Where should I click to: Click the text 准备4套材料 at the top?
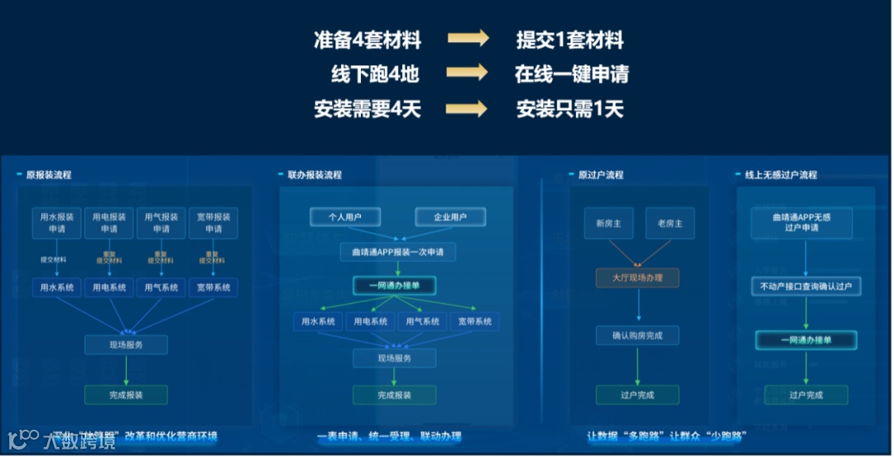point(368,40)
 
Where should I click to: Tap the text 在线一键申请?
point(571,75)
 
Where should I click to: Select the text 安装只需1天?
point(570,108)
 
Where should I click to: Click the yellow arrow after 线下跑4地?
point(468,73)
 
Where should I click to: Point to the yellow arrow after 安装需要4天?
point(468,108)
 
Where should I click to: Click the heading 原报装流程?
point(49,175)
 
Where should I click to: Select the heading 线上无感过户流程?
point(775,175)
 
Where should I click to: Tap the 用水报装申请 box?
point(57,223)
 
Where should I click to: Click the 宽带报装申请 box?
point(214,223)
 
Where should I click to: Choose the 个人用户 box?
point(345,217)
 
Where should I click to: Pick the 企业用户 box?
point(449,217)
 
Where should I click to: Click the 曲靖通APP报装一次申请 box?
point(397,252)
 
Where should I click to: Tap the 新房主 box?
point(608,224)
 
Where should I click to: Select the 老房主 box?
point(670,224)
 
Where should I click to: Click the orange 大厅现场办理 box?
point(637,277)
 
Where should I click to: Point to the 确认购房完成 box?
point(637,335)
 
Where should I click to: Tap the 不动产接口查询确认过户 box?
point(805,286)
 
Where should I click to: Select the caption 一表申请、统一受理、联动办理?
point(389,435)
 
